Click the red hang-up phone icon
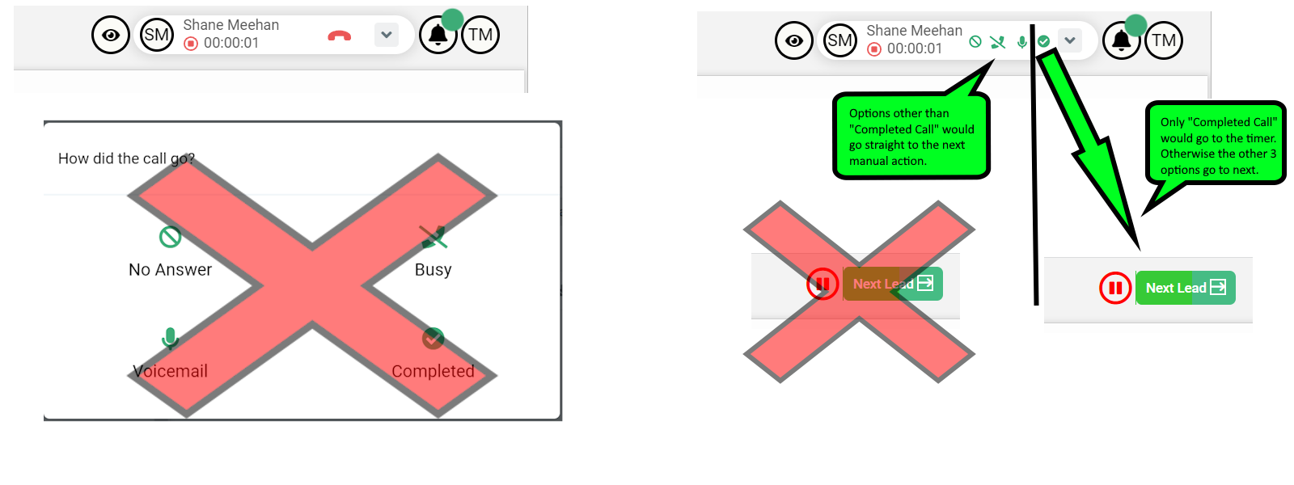click(339, 36)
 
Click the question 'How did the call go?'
click(126, 158)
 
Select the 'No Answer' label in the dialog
click(170, 270)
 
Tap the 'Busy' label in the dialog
click(433, 270)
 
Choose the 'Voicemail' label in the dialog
click(170, 371)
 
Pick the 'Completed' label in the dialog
click(433, 371)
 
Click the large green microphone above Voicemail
click(170, 337)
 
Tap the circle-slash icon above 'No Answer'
click(170, 237)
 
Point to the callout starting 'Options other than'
click(911, 137)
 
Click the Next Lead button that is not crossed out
click(1185, 288)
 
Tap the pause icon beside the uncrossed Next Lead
click(1115, 288)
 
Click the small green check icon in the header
click(1043, 41)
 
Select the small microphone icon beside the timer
click(1022, 41)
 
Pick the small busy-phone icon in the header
click(998, 41)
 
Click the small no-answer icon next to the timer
click(975, 41)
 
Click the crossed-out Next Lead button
click(892, 284)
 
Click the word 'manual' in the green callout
click(869, 161)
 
